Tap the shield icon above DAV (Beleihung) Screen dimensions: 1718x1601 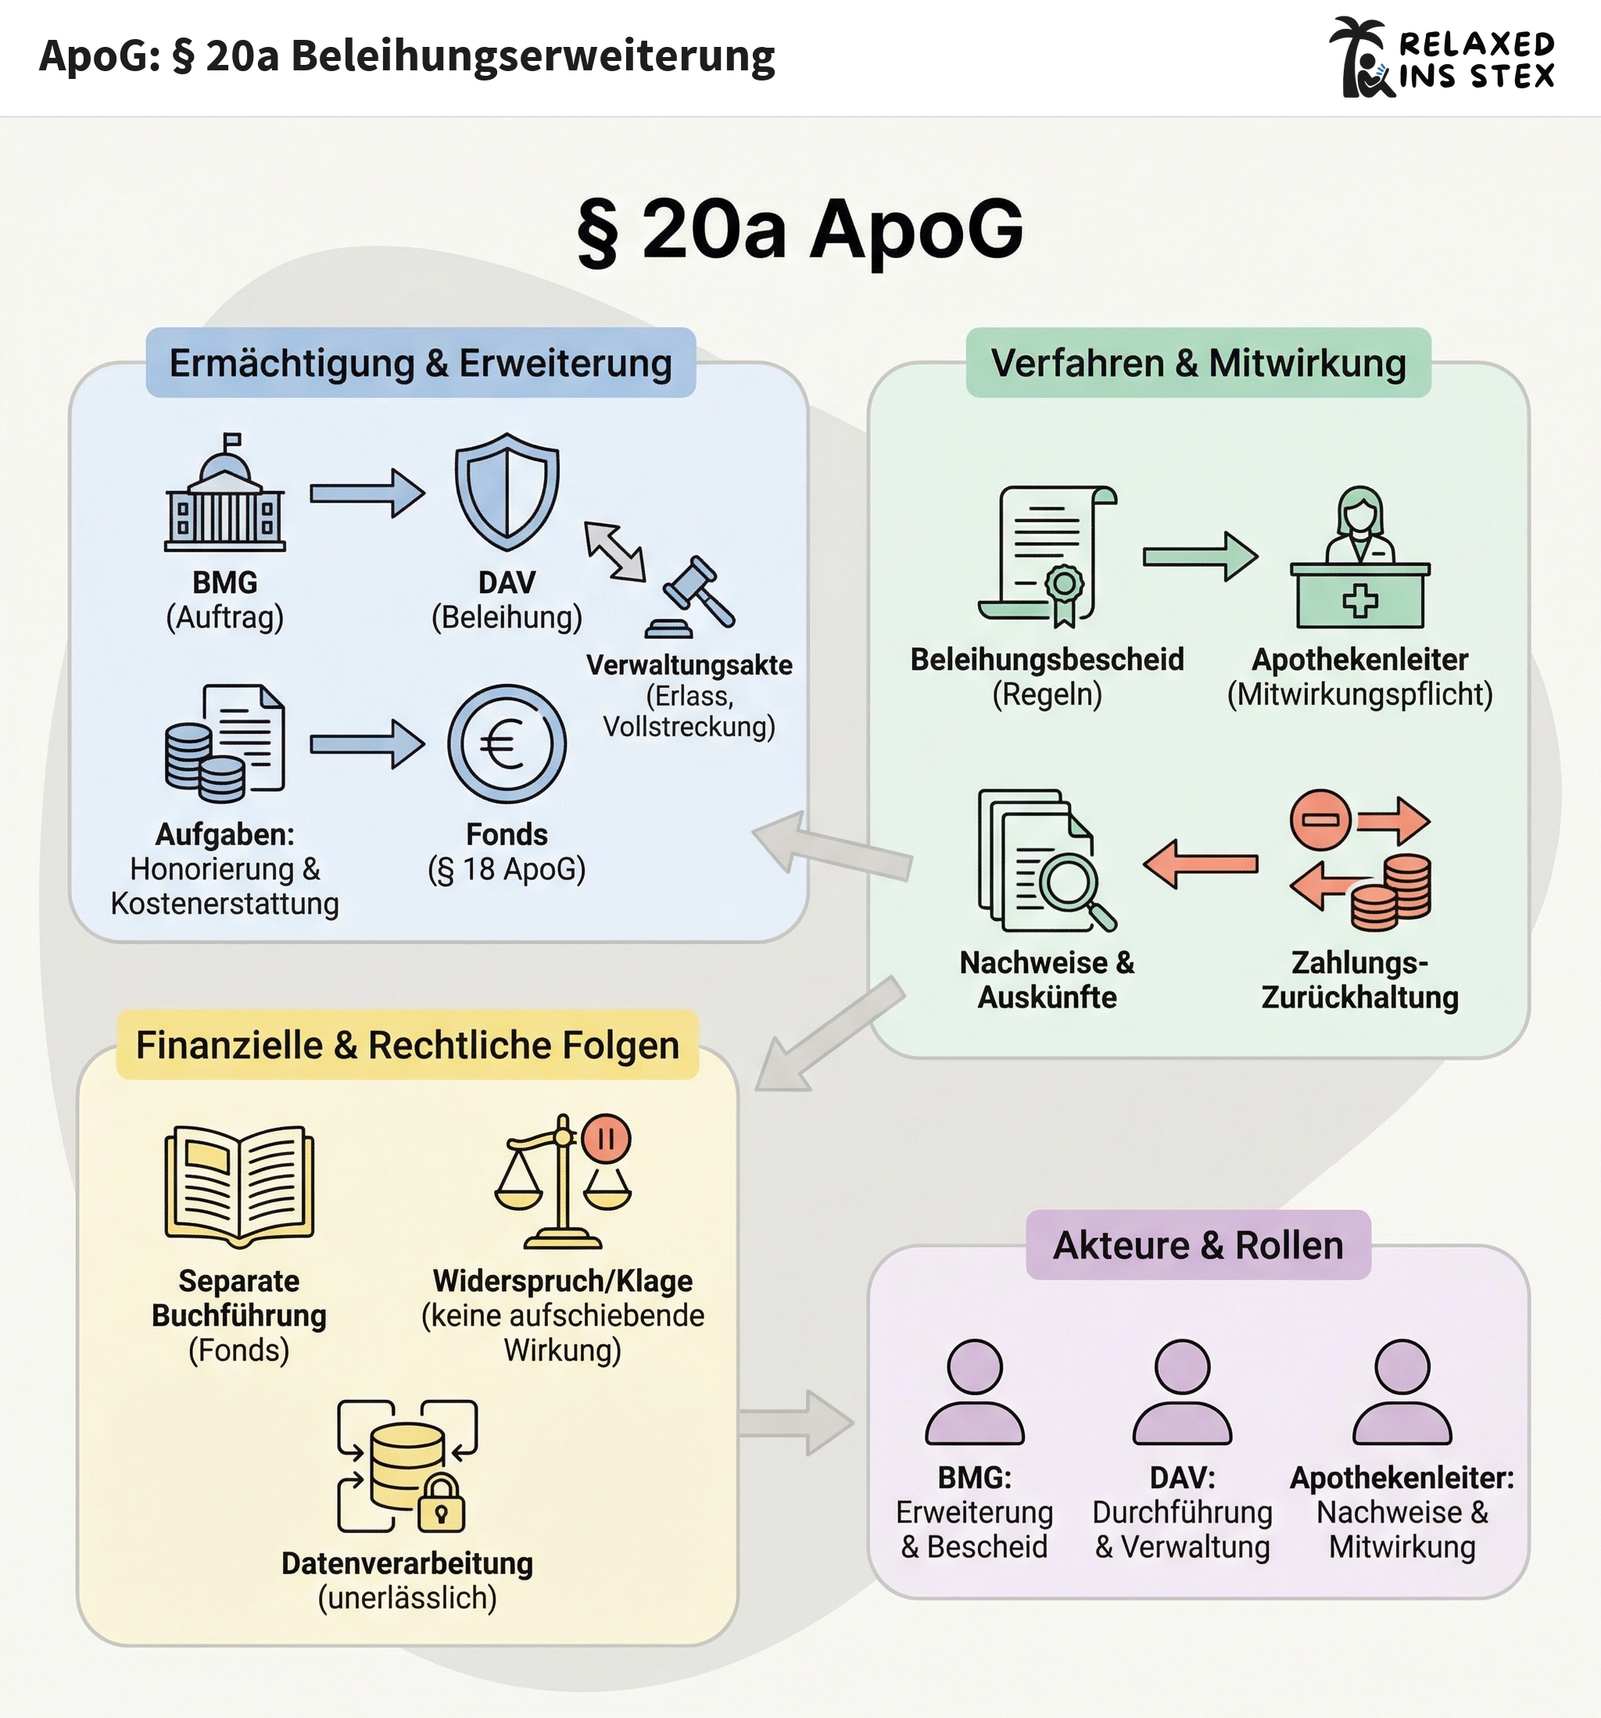point(507,491)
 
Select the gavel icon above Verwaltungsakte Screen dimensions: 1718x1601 point(693,596)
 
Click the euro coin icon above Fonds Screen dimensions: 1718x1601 point(507,744)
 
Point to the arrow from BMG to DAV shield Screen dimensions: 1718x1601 point(367,493)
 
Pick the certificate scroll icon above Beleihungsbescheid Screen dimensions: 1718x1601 point(1047,556)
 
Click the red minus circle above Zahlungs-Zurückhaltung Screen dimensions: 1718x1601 point(1320,819)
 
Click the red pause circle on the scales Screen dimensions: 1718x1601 point(606,1139)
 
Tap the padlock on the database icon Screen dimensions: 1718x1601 point(441,1505)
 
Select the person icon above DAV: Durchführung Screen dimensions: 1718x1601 point(1182,1392)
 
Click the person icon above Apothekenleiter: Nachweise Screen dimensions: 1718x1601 point(1402,1392)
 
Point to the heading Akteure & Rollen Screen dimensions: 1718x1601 point(1198,1245)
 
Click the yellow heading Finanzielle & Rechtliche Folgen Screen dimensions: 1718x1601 point(407,1045)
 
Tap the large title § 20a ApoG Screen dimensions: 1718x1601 point(800,230)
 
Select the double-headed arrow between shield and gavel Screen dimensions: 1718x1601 point(614,551)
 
